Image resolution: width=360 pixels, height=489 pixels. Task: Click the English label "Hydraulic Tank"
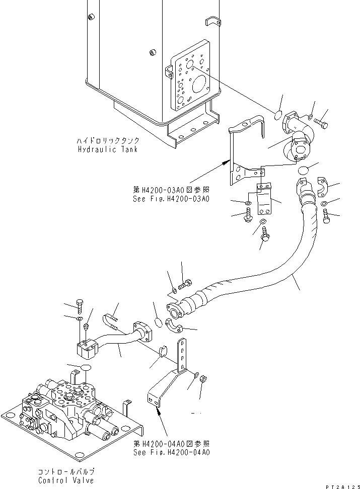click(108, 149)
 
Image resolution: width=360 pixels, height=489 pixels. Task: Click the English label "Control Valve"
click(66, 480)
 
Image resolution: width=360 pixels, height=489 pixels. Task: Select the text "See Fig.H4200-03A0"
click(171, 199)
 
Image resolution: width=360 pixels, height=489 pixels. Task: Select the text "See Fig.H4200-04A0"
click(172, 452)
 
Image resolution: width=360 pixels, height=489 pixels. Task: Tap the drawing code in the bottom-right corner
click(343, 486)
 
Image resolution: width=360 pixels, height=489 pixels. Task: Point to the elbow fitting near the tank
click(298, 137)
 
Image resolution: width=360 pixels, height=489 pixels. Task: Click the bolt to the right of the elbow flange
click(321, 123)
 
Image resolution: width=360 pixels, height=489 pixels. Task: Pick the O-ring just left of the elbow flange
click(278, 115)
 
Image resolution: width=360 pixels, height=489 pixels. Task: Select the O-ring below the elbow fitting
click(303, 171)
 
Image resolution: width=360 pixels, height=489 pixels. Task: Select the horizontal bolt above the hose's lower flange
click(185, 284)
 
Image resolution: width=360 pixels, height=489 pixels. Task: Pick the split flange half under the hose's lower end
click(174, 325)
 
